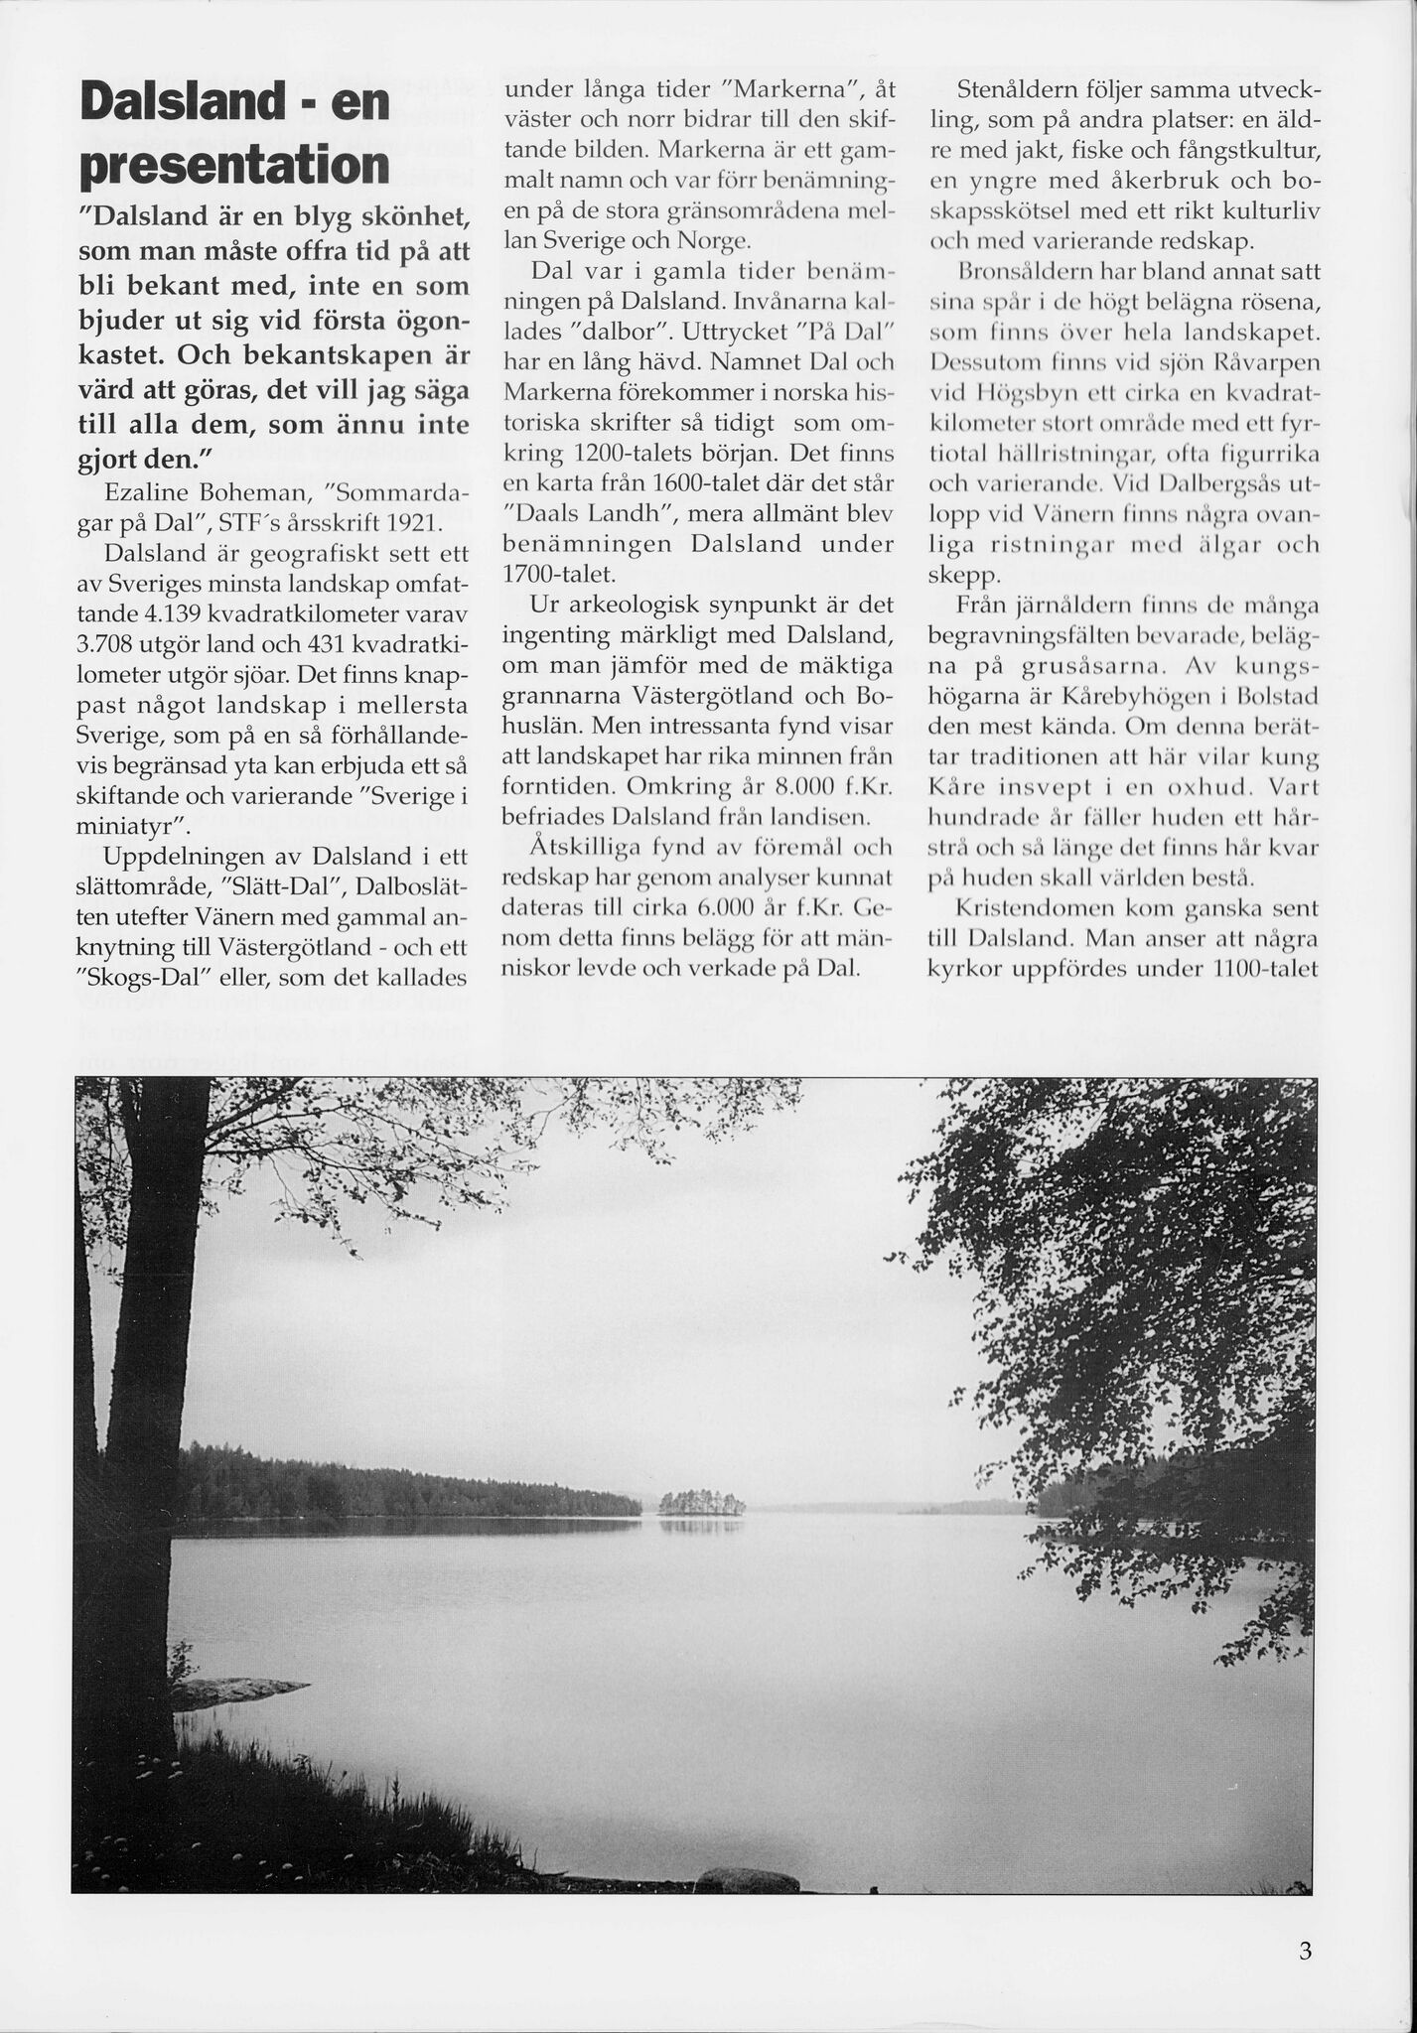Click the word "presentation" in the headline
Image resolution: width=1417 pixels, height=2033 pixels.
233,167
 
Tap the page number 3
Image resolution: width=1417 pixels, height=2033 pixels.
1305,1951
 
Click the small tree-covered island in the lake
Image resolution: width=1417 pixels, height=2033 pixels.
702,1503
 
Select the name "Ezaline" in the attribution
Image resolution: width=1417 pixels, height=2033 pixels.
148,492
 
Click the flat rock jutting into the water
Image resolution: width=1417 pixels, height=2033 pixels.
238,1687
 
